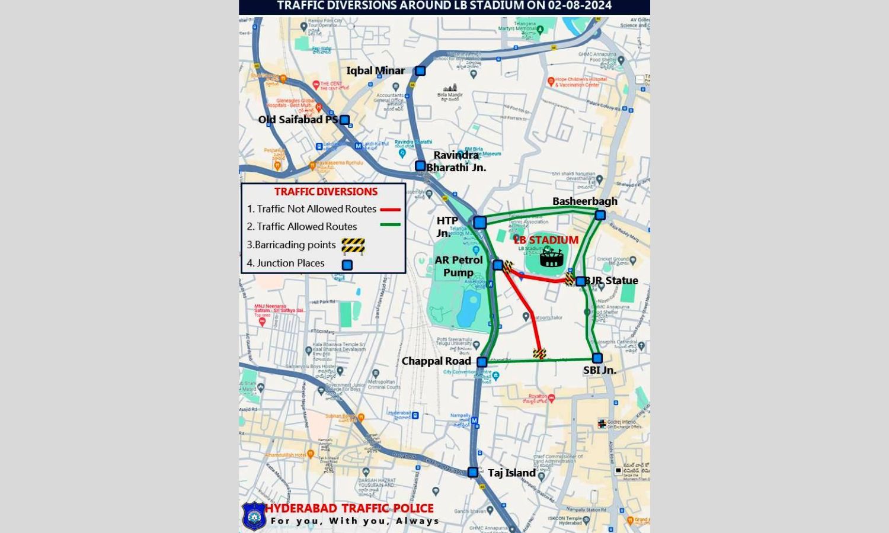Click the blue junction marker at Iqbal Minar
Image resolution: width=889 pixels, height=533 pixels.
pyautogui.click(x=420, y=71)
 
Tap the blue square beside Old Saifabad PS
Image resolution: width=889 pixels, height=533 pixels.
pyautogui.click(x=344, y=120)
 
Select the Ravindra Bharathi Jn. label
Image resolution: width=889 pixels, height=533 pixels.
pyautogui.click(x=456, y=161)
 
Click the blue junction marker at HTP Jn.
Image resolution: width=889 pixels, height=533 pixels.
pyautogui.click(x=479, y=223)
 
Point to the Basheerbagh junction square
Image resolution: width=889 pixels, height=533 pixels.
pyautogui.click(x=600, y=215)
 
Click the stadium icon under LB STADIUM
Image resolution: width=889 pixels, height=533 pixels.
pyautogui.click(x=551, y=256)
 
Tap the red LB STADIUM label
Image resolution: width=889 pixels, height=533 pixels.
pyautogui.click(x=546, y=240)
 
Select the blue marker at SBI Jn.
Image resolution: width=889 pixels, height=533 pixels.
pyautogui.click(x=597, y=358)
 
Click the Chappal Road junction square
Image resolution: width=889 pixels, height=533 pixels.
pyautogui.click(x=482, y=362)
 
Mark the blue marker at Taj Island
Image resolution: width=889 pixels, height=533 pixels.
pyautogui.click(x=473, y=472)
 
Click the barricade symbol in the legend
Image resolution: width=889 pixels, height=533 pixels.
pyautogui.click(x=353, y=245)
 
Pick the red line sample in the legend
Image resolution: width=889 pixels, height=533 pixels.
pyautogui.click(x=390, y=209)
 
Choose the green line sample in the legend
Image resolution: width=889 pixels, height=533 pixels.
pyautogui.click(x=390, y=224)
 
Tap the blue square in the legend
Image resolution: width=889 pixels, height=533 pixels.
pyautogui.click(x=347, y=265)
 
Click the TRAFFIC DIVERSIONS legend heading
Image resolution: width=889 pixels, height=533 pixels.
pyautogui.click(x=325, y=191)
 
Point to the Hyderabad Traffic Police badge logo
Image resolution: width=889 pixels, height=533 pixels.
pyautogui.click(x=254, y=515)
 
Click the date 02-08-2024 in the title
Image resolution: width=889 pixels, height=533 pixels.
pyautogui.click(x=573, y=6)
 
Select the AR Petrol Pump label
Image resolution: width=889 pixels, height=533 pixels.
pyautogui.click(x=459, y=266)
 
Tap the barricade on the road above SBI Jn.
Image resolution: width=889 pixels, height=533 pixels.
pyautogui.click(x=539, y=354)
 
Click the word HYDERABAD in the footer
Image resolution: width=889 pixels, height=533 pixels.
pyautogui.click(x=301, y=508)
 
